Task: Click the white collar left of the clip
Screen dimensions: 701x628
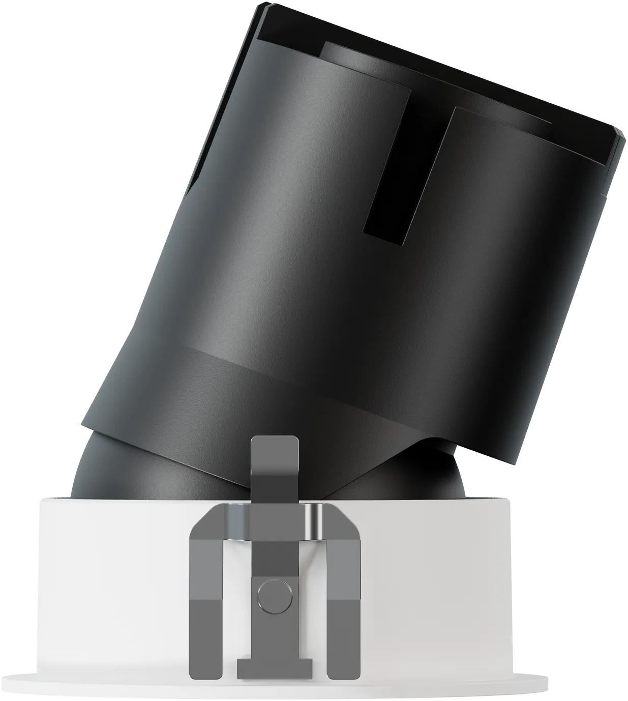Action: tap(112, 585)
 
